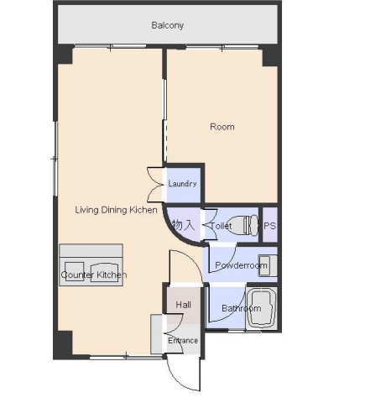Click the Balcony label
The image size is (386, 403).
coord(168,25)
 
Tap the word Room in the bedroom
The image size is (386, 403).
coord(222,127)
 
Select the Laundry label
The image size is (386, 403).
coord(182,184)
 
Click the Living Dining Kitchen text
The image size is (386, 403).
coord(116,210)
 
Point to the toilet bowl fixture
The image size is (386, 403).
coord(243,224)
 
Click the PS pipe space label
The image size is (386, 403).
coord(269,226)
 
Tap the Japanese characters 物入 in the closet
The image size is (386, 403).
coord(183,225)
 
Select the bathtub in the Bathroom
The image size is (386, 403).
coord(262,307)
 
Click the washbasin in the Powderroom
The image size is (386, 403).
coord(268,265)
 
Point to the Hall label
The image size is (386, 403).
coord(184,305)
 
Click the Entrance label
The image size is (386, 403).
coord(183,341)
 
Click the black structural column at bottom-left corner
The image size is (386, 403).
coord(64,345)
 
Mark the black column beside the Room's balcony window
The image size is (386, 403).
coord(269,56)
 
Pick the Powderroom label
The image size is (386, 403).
coord(241,265)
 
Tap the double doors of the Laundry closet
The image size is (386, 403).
coord(155,185)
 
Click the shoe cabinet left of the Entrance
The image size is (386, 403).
coord(156,334)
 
